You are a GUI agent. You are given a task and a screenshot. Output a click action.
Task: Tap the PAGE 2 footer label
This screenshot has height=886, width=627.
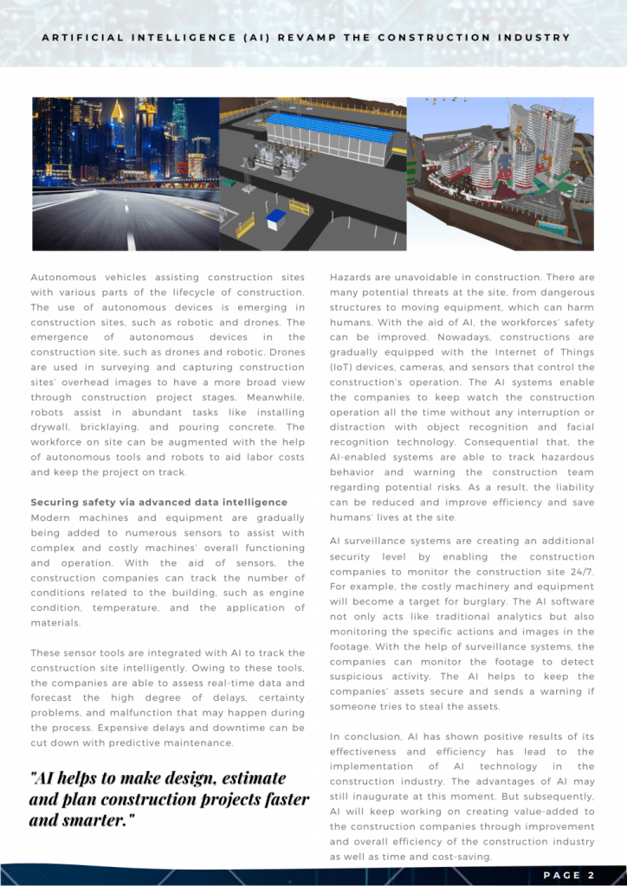568,875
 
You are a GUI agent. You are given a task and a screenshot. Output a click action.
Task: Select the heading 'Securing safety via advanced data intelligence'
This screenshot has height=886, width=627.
159,502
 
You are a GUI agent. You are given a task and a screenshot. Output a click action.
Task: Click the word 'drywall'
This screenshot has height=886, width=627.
51,427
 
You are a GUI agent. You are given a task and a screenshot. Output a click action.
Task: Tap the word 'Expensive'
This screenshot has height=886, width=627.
62,728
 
